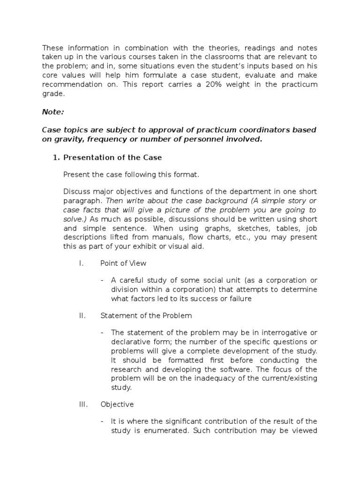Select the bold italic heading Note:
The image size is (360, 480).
click(x=54, y=112)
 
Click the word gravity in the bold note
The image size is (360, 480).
click(x=68, y=139)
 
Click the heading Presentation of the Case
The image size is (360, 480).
click(x=112, y=157)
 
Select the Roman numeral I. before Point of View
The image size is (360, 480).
click(x=81, y=263)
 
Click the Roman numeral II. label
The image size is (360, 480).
click(x=82, y=315)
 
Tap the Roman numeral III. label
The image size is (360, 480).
click(x=83, y=404)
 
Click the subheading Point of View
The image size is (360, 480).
click(x=123, y=263)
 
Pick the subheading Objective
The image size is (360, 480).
click(x=117, y=404)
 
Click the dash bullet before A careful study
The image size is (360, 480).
click(x=102, y=280)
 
